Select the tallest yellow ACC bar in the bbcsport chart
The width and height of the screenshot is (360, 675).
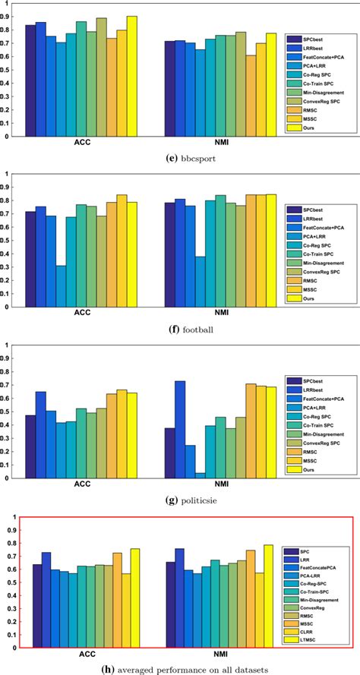[131, 76]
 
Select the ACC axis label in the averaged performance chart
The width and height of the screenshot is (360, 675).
[90, 652]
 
